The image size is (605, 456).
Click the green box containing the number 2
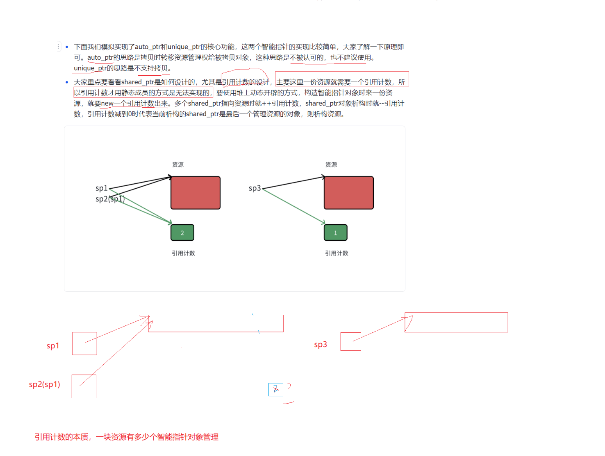click(x=182, y=233)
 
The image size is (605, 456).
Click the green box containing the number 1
click(x=335, y=233)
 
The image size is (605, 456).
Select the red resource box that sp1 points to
click(x=196, y=193)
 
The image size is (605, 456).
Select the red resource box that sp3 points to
click(x=349, y=193)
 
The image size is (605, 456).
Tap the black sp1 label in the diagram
click(x=101, y=188)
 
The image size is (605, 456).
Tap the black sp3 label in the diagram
click(x=255, y=188)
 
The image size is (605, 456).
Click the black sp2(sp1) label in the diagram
click(x=110, y=199)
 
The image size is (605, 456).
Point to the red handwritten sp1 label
click(x=52, y=345)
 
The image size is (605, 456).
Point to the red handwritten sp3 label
click(x=321, y=344)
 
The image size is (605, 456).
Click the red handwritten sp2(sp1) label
click(x=44, y=384)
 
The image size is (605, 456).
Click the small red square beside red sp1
click(x=84, y=343)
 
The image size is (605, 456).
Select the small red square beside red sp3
click(x=350, y=341)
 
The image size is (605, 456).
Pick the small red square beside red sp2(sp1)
click(x=84, y=386)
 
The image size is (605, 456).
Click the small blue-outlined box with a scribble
click(x=275, y=389)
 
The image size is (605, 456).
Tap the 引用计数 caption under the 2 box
click(x=183, y=253)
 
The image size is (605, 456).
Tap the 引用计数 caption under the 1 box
click(x=337, y=253)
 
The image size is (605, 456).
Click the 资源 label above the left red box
click(x=178, y=165)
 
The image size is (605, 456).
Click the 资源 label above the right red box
click(x=331, y=165)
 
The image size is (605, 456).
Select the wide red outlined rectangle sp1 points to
click(x=216, y=315)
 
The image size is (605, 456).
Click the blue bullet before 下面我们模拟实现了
click(x=67, y=47)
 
